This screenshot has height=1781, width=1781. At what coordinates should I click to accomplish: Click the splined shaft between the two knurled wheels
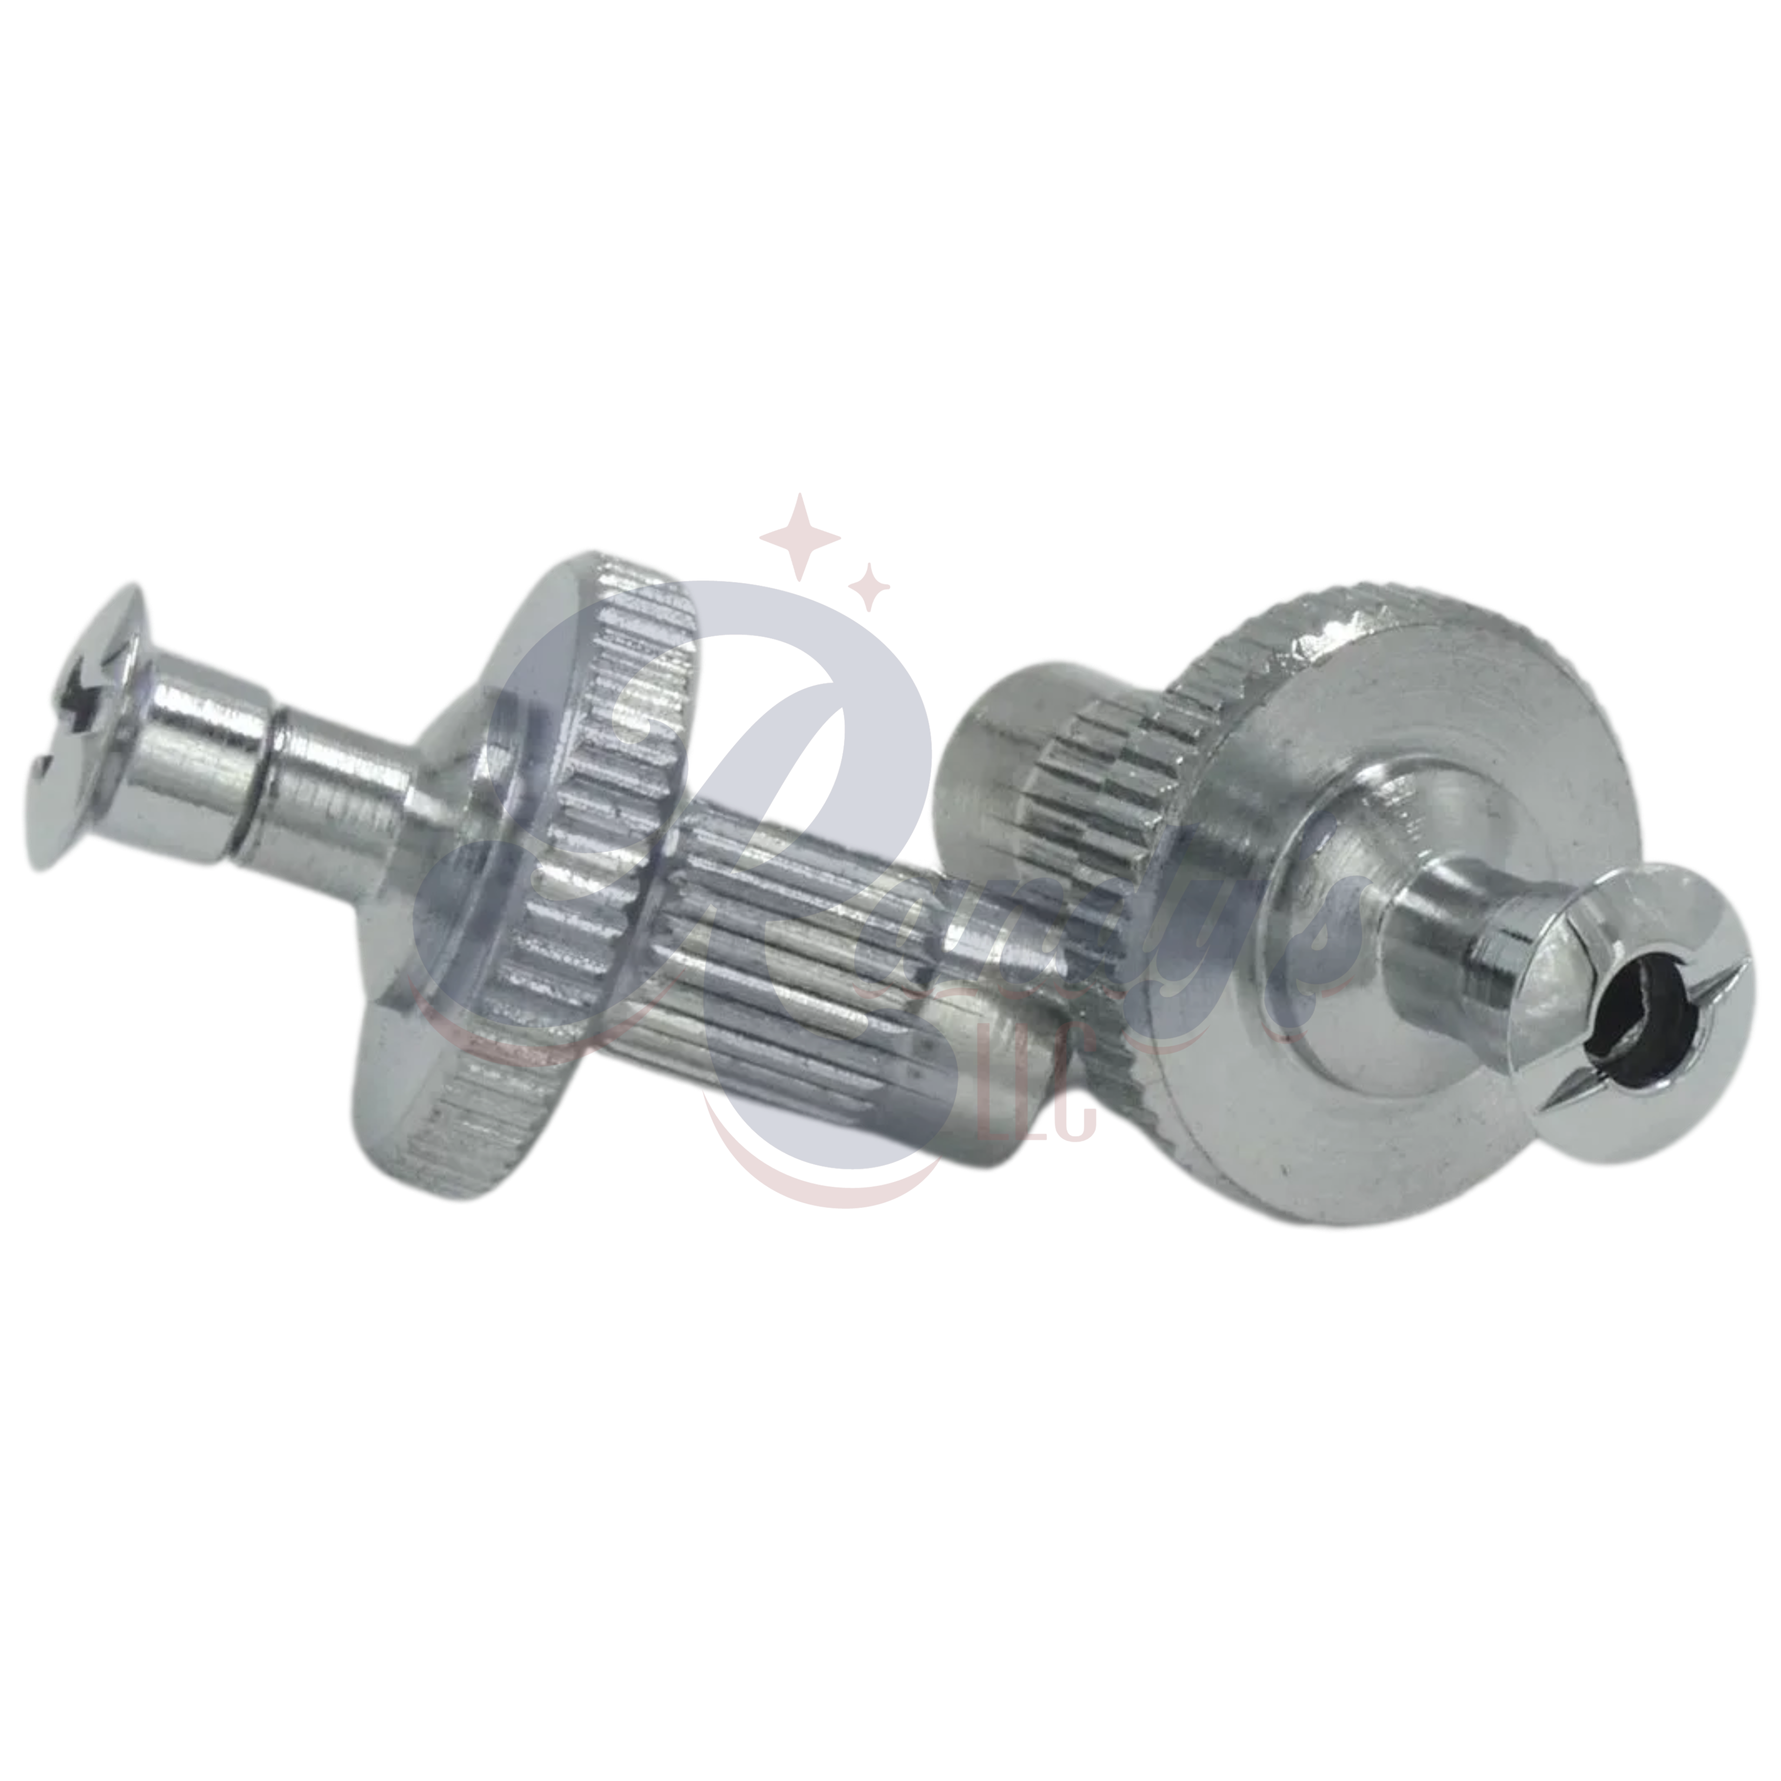click(802, 949)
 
